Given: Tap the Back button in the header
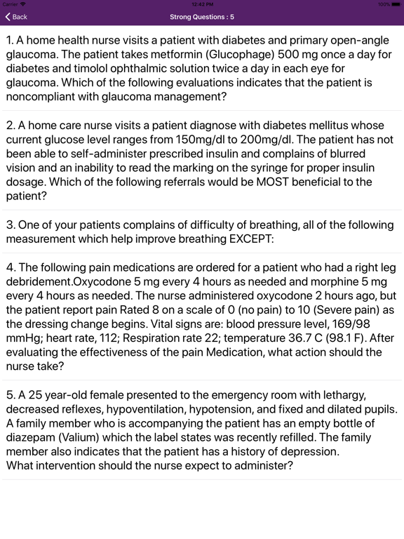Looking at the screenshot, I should click(x=16, y=17).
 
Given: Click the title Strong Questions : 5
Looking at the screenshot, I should click(x=202, y=17).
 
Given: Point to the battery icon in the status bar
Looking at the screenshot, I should click(x=393, y=4).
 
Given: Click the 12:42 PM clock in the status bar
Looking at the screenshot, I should click(x=202, y=4).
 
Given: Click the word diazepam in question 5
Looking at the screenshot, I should click(x=29, y=438).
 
